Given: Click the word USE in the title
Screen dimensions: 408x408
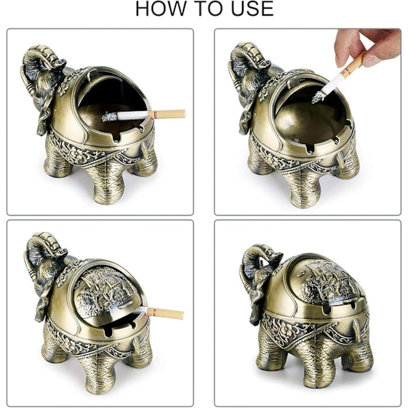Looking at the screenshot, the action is click(x=252, y=9).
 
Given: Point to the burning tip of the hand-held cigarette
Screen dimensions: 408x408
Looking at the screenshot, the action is click(x=318, y=97).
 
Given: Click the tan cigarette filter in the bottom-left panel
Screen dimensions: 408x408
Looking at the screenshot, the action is click(x=165, y=313).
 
